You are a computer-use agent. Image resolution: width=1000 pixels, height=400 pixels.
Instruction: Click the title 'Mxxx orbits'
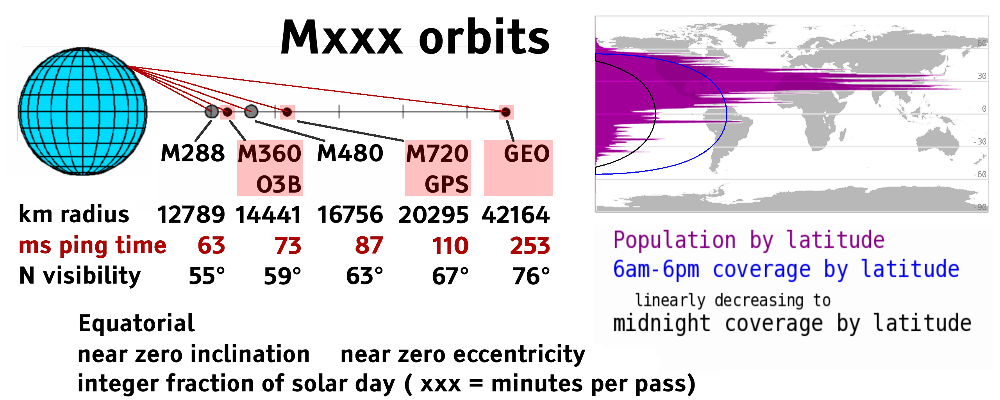(415, 37)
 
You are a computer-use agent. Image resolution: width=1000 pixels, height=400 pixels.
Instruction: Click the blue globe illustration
(83, 111)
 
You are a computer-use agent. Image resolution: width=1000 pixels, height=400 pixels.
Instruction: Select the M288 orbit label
(193, 153)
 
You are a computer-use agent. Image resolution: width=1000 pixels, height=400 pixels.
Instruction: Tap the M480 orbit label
(350, 153)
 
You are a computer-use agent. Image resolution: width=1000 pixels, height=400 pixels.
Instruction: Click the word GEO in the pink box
(527, 153)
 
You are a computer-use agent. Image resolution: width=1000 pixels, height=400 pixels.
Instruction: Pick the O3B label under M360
(279, 184)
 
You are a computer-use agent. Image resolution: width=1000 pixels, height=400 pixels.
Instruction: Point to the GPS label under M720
(446, 184)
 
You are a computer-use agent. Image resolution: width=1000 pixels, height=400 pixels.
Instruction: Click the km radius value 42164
(516, 215)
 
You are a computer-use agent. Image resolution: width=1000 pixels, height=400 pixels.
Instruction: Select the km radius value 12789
(191, 215)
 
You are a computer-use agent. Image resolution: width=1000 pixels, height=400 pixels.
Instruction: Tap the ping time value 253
(530, 246)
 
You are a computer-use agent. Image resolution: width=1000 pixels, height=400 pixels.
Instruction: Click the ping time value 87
(369, 246)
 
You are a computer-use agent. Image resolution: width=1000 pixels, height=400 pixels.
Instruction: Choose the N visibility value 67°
(450, 276)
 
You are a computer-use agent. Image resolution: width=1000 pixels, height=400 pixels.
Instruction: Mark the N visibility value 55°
(207, 276)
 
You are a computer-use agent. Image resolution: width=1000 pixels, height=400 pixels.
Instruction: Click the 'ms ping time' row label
(93, 246)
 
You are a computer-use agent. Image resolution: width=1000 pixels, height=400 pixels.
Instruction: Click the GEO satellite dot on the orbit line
(506, 112)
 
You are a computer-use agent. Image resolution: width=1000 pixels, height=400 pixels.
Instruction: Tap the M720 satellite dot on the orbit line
(287, 112)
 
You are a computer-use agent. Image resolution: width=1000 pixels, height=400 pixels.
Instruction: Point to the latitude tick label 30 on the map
(982, 76)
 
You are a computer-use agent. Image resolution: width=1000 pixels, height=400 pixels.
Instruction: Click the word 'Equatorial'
(136, 323)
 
